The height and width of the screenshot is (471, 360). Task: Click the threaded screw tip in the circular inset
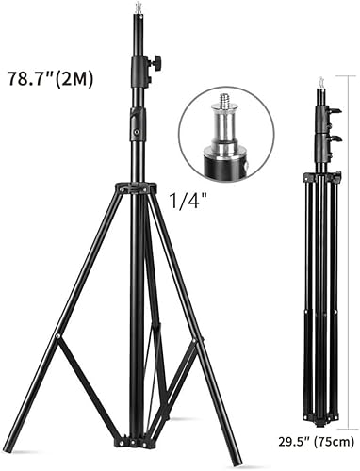click(x=224, y=98)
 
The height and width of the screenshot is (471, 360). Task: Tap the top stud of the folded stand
click(x=320, y=82)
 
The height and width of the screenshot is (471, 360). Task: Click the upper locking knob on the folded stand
click(x=334, y=114)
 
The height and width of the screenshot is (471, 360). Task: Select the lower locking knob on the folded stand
click(x=334, y=138)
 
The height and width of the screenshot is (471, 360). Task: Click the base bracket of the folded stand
click(x=319, y=414)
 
